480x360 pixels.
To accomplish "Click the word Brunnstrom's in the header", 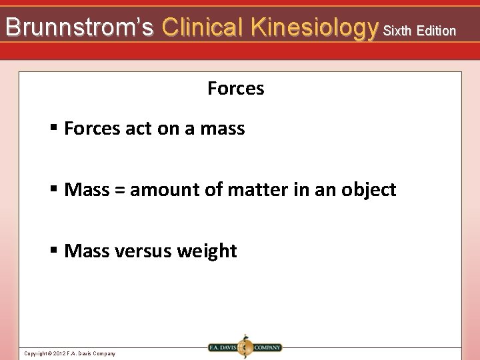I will [79, 27].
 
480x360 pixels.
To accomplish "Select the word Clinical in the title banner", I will [203, 27].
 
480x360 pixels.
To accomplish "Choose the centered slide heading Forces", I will [236, 89].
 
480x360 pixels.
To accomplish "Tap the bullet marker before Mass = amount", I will [54, 190].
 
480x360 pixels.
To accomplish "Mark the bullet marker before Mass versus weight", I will [54, 251].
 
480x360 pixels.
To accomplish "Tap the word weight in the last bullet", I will [206, 251].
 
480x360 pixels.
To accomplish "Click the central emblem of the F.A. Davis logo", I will [245, 347].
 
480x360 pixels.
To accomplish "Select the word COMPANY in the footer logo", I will [267, 347].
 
